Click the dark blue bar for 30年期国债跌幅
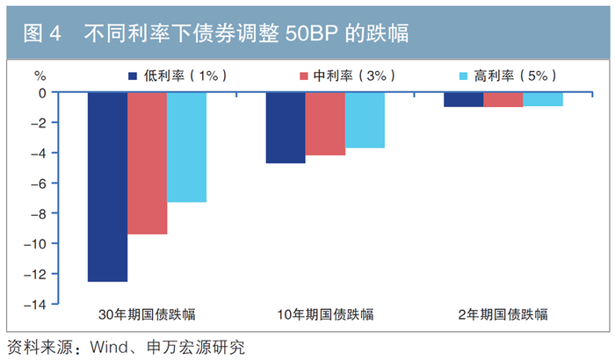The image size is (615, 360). click(x=107, y=187)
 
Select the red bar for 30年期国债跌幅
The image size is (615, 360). click(x=147, y=163)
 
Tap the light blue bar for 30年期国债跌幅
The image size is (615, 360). click(x=186, y=148)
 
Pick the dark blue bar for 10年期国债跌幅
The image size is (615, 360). click(x=286, y=128)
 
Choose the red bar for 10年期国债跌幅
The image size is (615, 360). click(x=325, y=124)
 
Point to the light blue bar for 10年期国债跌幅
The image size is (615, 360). click(x=365, y=120)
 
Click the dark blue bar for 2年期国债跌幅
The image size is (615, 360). click(x=464, y=99)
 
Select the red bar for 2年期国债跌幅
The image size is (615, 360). click(x=503, y=99)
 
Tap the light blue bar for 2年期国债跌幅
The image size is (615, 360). click(x=543, y=99)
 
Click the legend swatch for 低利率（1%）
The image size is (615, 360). click(x=133, y=76)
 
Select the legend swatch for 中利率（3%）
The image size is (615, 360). click(x=304, y=76)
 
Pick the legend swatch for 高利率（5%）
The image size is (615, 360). click(x=464, y=76)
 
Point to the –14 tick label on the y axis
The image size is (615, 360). click(x=35, y=305)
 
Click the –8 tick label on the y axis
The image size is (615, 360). click(x=39, y=213)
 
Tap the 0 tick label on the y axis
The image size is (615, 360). click(x=42, y=93)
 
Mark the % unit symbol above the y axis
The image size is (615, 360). click(x=40, y=76)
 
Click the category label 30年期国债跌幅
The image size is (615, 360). click(x=147, y=314)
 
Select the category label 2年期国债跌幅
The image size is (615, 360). click(x=503, y=314)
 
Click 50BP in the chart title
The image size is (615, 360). click(x=311, y=33)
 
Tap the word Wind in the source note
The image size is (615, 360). click(x=109, y=347)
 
